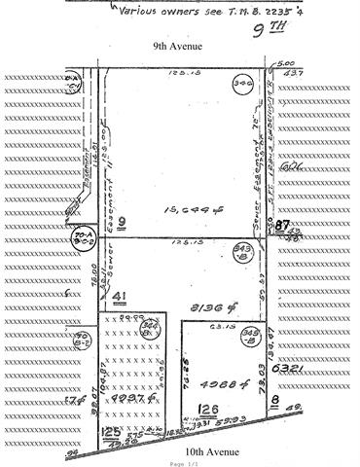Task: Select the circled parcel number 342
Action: tap(243, 85)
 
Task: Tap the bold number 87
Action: tap(282, 226)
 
